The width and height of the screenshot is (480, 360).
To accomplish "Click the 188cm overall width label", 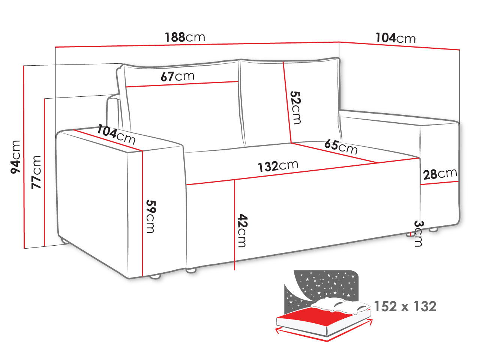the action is click(x=185, y=37).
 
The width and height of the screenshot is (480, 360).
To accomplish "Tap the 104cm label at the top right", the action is click(x=395, y=38).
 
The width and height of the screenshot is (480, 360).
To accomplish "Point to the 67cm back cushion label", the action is click(x=177, y=76).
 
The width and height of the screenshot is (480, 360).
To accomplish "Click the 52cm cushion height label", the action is click(x=295, y=108).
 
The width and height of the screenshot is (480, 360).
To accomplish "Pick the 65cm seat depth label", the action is click(x=341, y=147).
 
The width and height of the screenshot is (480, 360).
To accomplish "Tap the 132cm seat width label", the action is click(x=278, y=166).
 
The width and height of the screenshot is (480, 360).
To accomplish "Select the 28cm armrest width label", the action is click(x=440, y=174).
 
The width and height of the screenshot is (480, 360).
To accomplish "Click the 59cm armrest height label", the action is click(x=150, y=216).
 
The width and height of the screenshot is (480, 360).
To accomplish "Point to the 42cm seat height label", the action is click(x=242, y=230).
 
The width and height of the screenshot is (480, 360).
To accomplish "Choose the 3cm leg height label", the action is click(x=419, y=234).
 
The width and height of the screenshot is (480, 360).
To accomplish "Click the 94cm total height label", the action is click(x=15, y=157).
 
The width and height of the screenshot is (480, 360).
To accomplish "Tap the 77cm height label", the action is click(x=36, y=172).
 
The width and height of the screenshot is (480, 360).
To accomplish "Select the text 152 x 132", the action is click(x=405, y=306).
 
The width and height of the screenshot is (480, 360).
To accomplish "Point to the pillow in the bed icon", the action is click(x=340, y=305).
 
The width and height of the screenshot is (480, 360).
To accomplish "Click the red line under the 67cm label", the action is click(x=182, y=84).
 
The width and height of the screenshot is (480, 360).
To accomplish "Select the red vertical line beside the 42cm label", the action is click(x=234, y=225).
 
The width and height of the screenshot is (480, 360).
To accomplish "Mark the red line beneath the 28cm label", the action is click(x=439, y=183).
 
